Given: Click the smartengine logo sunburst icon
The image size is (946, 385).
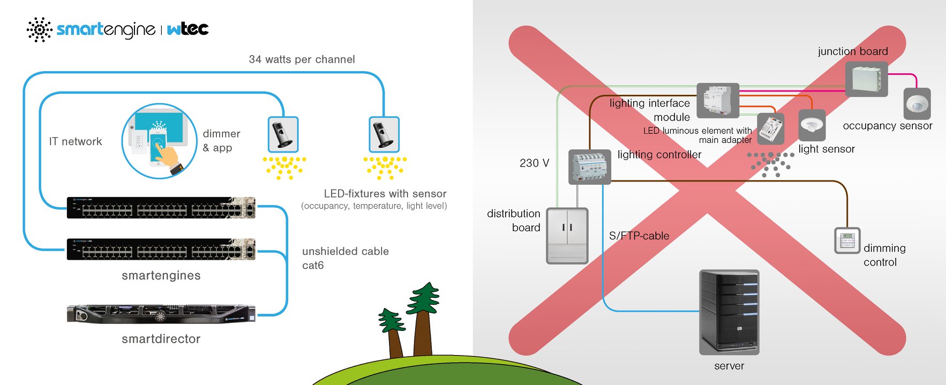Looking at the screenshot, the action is pos(39,29).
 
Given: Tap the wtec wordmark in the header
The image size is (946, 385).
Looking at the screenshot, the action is pos(187,29).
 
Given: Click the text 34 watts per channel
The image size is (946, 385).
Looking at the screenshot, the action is pos(302,59).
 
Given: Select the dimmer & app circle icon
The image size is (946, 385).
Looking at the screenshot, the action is pos(159,141).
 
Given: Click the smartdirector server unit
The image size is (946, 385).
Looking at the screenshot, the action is pos(161,314).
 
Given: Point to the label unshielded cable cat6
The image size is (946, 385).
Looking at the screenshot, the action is pos(346,258).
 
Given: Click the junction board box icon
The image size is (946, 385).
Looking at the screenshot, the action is pos(866,79).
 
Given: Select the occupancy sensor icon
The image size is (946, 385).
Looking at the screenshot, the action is pos(917,104).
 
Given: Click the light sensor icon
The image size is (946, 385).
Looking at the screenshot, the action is pos(812,125).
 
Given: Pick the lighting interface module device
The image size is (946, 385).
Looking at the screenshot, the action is pos(718,101).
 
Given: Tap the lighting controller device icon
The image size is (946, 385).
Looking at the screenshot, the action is pos(589,167).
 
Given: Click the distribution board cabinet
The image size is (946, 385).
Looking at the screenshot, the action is pos(567,236).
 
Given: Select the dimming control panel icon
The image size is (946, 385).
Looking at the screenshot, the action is pos(847,240).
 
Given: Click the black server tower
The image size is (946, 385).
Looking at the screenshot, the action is pos(729,312).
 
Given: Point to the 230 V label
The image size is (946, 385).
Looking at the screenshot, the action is pos(534,163).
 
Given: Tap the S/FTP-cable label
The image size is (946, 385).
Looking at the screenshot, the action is pos(639,236).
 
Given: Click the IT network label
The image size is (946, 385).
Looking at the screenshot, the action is pos(76,141).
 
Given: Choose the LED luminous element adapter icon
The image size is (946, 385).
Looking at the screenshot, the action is pos(771,129).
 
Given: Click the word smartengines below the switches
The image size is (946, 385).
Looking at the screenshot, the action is pos(161,275).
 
